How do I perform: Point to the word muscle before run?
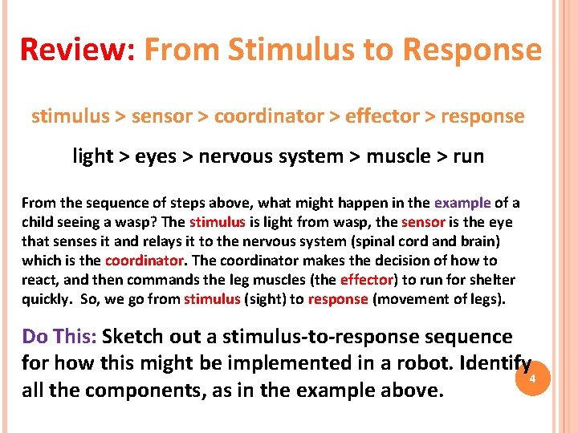click(398, 156)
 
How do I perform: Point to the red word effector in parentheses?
click(367, 280)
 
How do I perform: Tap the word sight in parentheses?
click(267, 299)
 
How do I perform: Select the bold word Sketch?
click(135, 336)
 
